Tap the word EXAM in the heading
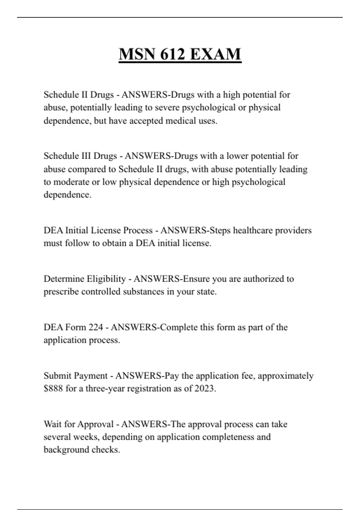click(215, 54)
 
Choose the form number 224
click(96, 327)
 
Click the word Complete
click(179, 327)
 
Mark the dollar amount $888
click(53, 388)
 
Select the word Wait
click(53, 424)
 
